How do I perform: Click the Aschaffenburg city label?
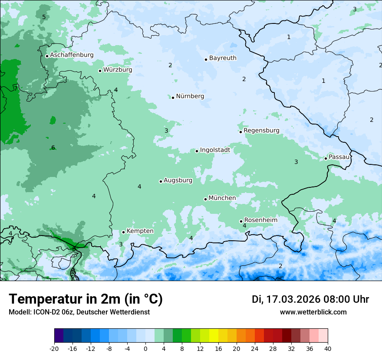[72, 55]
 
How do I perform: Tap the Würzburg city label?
[118, 70]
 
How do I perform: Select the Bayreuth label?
[223, 58]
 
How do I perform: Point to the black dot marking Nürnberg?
[173, 98]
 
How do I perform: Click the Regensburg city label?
[261, 131]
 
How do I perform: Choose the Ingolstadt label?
[215, 150]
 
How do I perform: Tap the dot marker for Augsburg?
[161, 181]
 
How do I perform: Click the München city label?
[222, 198]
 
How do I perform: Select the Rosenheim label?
[260, 220]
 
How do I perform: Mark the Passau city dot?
[326, 158]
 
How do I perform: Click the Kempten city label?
[140, 231]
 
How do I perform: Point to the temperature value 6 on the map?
[53, 147]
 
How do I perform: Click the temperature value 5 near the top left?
[44, 17]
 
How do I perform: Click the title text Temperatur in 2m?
[86, 299]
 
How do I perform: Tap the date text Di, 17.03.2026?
[286, 299]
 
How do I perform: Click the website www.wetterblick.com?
[313, 312]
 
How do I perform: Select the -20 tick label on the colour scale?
[54, 348]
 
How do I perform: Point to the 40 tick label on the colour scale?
[328, 348]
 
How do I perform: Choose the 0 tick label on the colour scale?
[145, 348]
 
